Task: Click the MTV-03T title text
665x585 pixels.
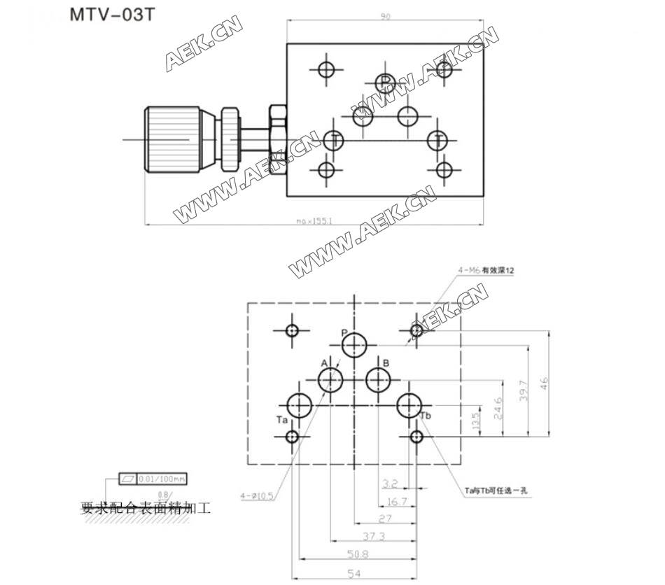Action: [x=111, y=16]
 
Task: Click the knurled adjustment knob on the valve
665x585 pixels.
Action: [x=171, y=140]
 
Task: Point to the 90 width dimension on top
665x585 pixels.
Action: [x=385, y=16]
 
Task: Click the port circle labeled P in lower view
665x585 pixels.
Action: [x=356, y=345]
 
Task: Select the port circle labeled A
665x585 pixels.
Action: [x=330, y=381]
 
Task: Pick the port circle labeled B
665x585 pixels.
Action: [x=379, y=381]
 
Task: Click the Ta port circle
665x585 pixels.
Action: [x=300, y=405]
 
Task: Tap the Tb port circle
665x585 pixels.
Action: [x=409, y=405]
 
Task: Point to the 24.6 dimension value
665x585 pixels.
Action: [x=498, y=407]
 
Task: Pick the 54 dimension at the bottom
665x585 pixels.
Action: [x=355, y=574]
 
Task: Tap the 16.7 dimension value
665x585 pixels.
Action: [x=397, y=502]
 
